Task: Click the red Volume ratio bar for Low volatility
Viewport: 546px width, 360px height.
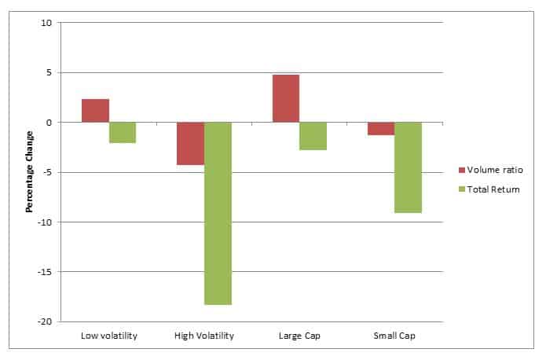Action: [x=95, y=111]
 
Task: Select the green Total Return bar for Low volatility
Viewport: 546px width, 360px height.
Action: [x=123, y=133]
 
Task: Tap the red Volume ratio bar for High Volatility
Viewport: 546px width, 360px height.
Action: [x=190, y=144]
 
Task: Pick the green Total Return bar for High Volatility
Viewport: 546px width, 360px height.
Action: [x=218, y=213]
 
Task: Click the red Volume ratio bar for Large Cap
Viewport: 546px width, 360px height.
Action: [x=285, y=98]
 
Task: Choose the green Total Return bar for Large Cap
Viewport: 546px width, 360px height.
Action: [x=313, y=136]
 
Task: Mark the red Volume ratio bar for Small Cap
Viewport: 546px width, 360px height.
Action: [x=381, y=129]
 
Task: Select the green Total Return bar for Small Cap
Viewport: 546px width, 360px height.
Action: [x=408, y=167]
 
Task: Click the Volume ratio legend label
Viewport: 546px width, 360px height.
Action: [x=494, y=171]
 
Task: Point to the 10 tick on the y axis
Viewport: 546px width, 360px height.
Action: [x=46, y=23]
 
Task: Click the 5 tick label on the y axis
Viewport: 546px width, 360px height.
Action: [x=49, y=72]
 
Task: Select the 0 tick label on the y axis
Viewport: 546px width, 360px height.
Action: [x=49, y=123]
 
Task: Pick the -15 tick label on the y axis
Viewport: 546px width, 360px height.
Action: [x=45, y=272]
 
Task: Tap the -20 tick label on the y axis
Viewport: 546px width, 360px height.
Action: [x=45, y=321]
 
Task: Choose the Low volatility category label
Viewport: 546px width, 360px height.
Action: [x=109, y=336]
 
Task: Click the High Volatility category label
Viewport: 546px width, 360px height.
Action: [x=204, y=336]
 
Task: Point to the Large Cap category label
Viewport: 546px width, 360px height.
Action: [x=299, y=336]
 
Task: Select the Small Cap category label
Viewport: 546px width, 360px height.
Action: [x=394, y=336]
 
